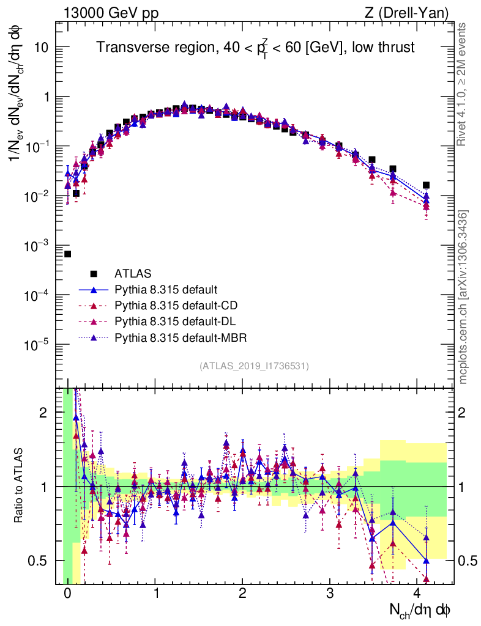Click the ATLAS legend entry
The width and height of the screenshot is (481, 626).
coord(132,273)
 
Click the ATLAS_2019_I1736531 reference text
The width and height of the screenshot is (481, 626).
coord(254,366)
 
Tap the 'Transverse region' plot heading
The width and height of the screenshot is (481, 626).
coord(256,48)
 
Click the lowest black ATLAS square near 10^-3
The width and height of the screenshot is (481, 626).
coord(67,254)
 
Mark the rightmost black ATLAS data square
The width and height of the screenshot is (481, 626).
coord(426,185)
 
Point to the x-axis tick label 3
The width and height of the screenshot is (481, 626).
coord(330,594)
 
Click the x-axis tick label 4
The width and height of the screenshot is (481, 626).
coord(417,594)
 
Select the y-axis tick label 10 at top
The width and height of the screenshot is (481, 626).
coord(42,48)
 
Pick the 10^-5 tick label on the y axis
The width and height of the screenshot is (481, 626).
coord(38,345)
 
